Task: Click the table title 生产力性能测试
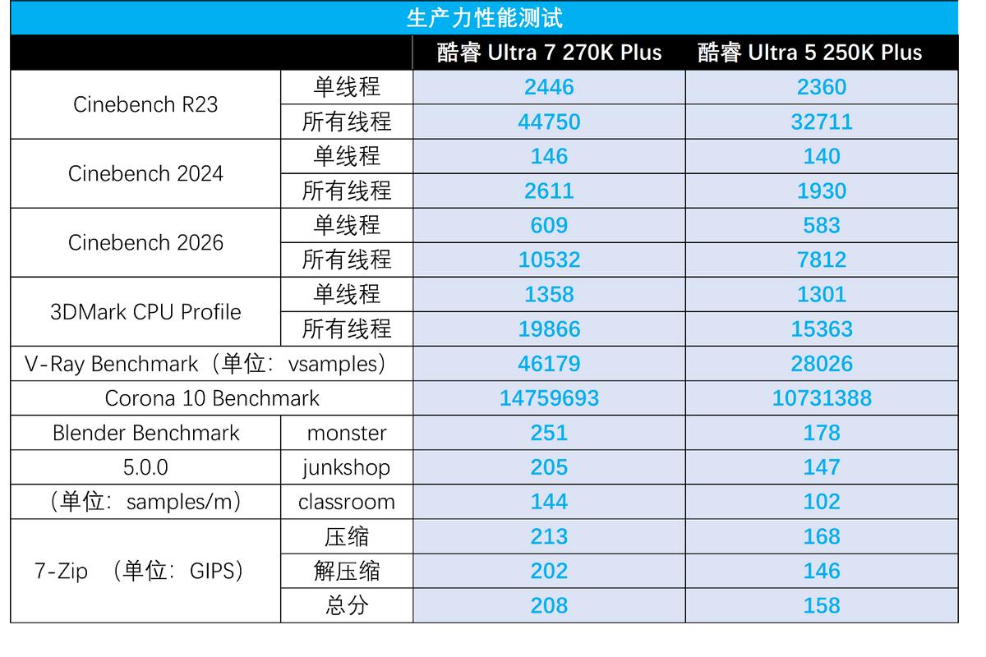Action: [x=484, y=18]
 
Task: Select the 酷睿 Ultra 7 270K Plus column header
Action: [x=549, y=53]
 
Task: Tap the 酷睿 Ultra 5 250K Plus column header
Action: [x=810, y=53]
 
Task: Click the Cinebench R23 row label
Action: [x=145, y=104]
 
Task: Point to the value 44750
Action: [x=549, y=122]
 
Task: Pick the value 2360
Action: [x=822, y=87]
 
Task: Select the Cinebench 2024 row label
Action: [x=145, y=173]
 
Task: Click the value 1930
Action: [x=822, y=191]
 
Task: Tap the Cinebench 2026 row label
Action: [x=145, y=242]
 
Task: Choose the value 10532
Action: [x=549, y=260]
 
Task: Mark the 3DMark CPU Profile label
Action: [x=145, y=312]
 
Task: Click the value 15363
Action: [x=822, y=328]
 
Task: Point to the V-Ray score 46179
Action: [x=549, y=364]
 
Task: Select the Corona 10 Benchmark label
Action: [x=212, y=398]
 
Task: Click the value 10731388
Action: [x=822, y=398]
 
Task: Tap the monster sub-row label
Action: [x=346, y=433]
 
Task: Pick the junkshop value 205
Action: [x=549, y=467]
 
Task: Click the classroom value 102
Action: [x=822, y=502]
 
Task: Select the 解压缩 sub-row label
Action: [x=346, y=571]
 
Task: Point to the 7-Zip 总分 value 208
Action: [x=549, y=605]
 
